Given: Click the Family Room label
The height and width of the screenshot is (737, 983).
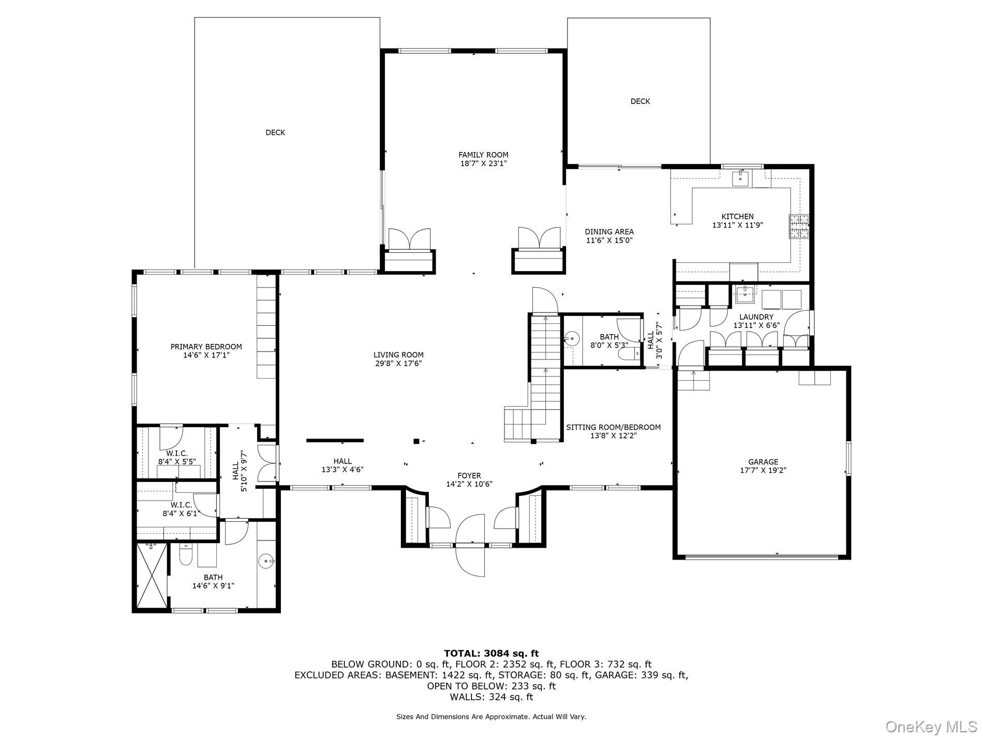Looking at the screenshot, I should coord(483,155).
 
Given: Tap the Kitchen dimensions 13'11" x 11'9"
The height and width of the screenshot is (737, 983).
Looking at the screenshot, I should coord(738,225).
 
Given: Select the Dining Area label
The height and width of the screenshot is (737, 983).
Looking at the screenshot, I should coord(609,232).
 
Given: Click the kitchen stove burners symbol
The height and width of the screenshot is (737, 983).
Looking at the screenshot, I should coord(798,227).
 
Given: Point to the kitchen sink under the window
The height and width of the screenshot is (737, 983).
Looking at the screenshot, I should coord(741,179).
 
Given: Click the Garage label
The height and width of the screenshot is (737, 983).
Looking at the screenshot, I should coord(763,462).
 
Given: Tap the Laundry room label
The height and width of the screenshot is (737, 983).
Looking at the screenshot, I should coord(756,317).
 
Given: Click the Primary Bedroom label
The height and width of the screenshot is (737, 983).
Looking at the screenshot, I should coord(206,347).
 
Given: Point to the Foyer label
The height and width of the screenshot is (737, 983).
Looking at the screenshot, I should coord(469,475).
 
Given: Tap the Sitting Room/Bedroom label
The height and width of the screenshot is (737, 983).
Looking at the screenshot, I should coord(613,427).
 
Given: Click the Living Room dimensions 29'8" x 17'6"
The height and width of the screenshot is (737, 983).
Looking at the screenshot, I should coord(398,364).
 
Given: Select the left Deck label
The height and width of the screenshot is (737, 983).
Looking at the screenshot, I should coord(275,132).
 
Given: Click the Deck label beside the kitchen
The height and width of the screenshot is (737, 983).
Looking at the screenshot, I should coord(640,101).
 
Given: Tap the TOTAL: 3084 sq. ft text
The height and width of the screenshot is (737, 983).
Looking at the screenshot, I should coord(491,654).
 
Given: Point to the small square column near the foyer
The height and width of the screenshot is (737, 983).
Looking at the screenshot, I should coord(416,441).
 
